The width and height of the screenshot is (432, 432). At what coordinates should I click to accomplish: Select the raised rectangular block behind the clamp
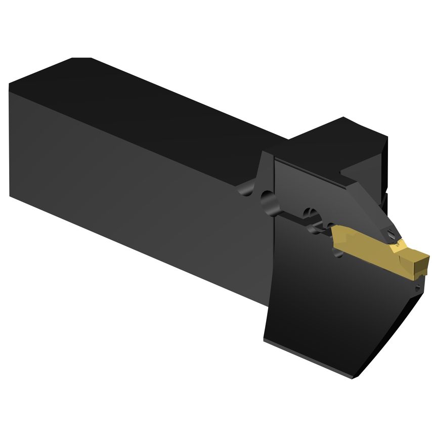pos(349,142)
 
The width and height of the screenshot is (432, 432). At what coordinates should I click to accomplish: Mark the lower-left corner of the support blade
pos(266,340)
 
